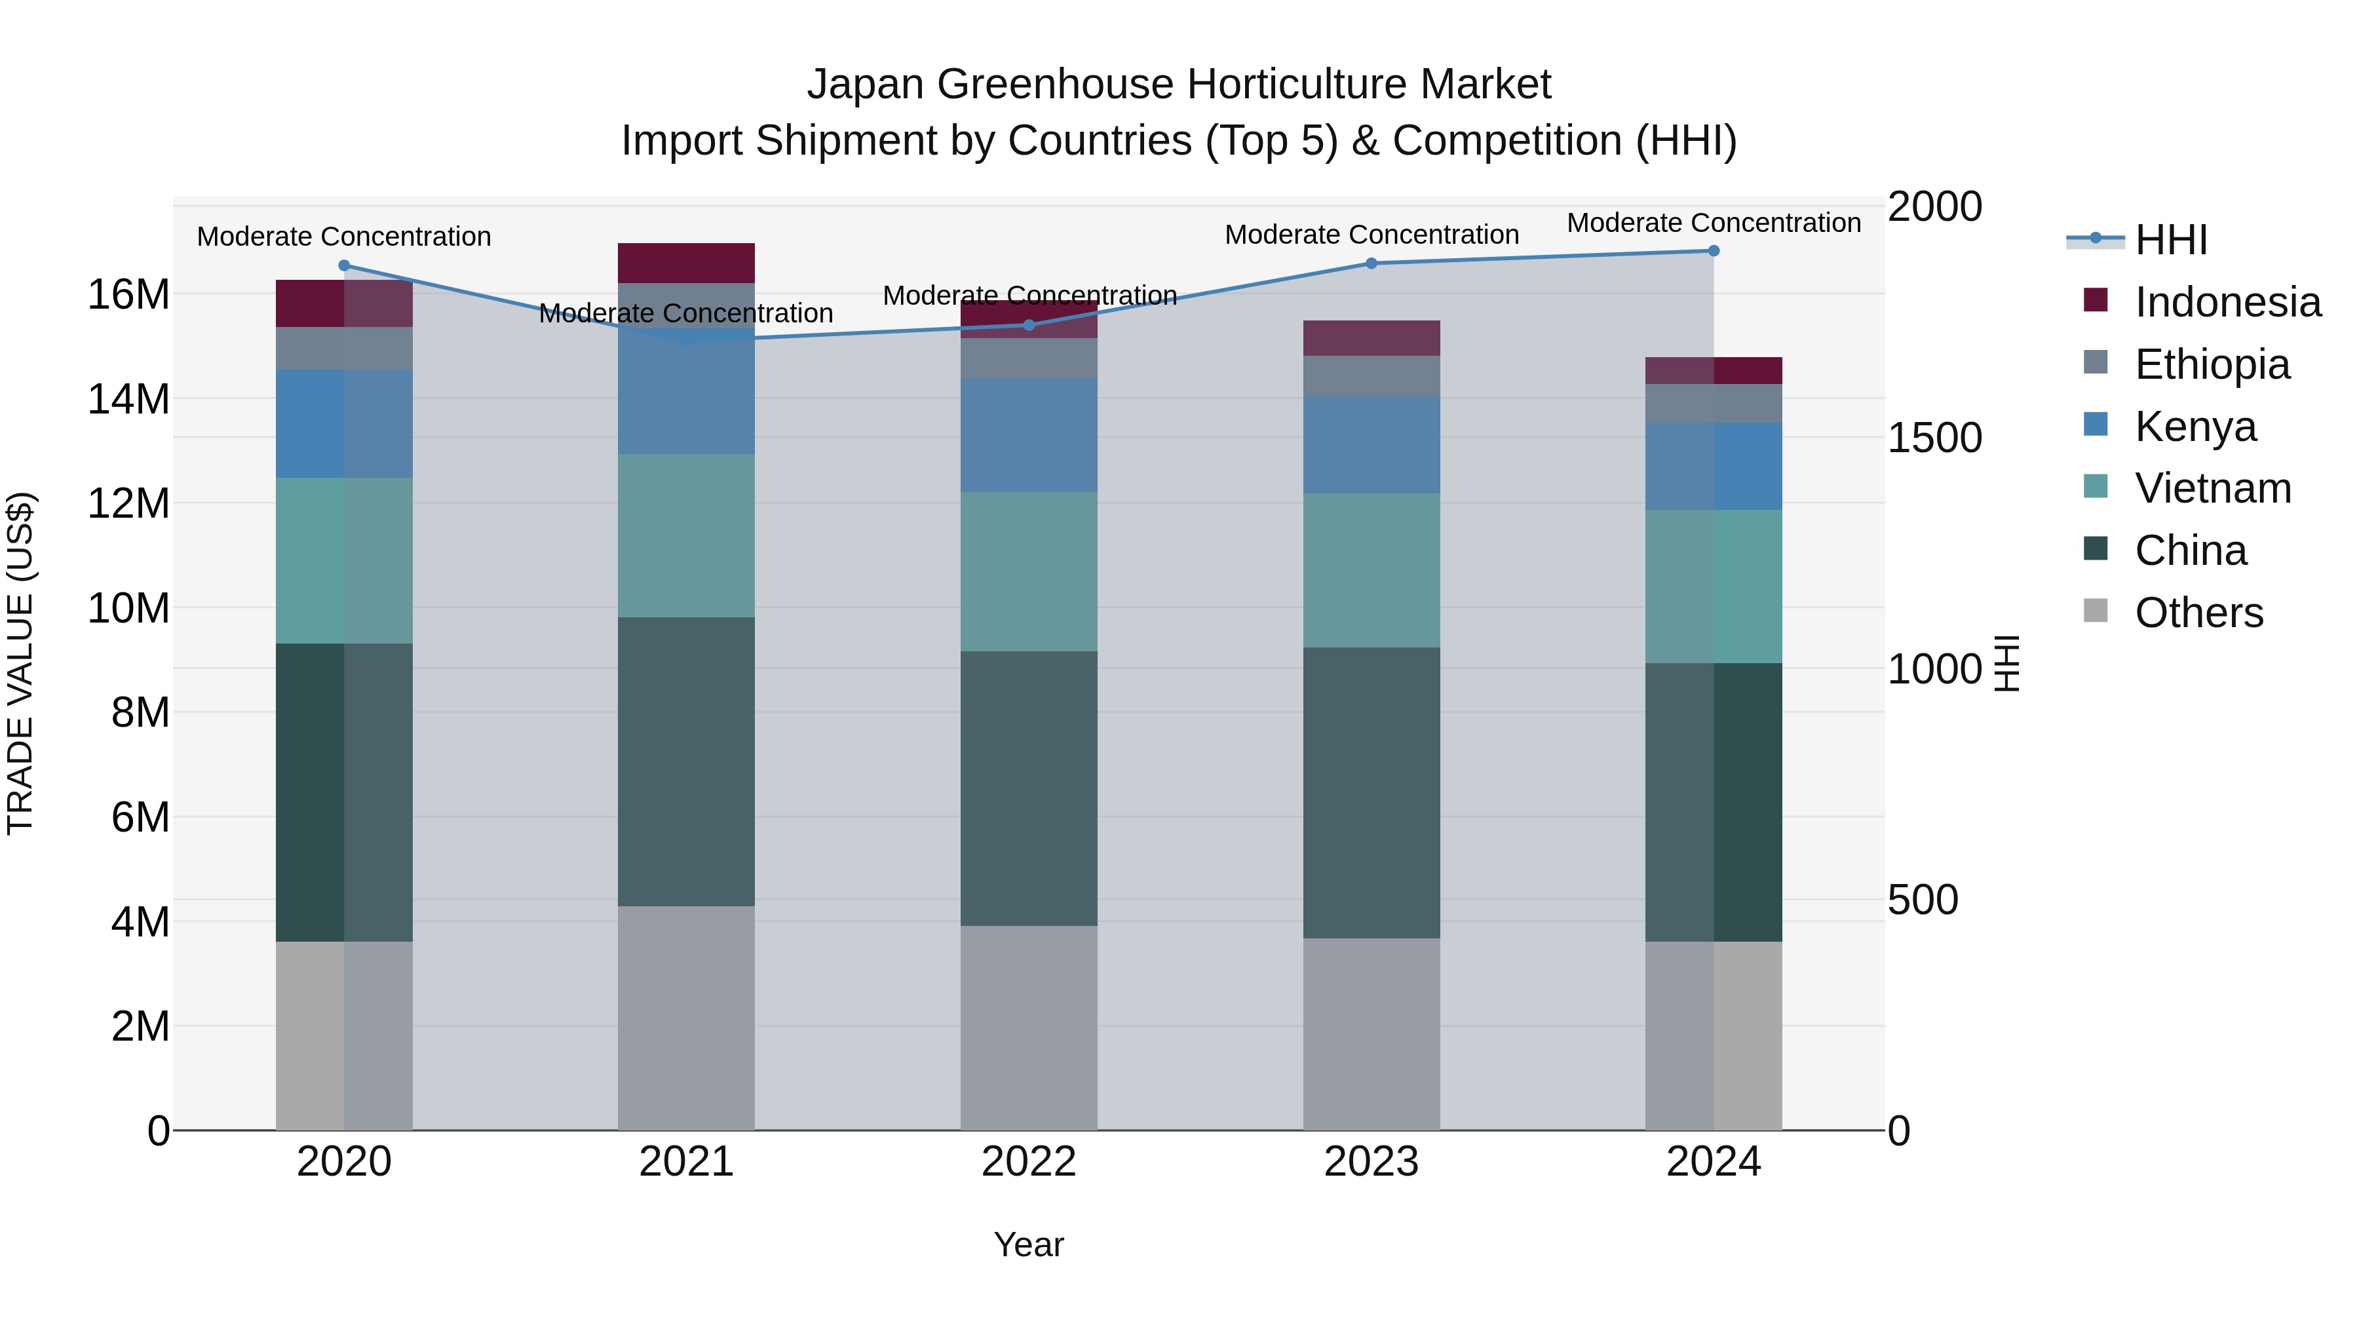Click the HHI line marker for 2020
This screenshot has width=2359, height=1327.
[x=344, y=265]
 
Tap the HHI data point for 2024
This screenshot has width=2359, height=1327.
[x=1714, y=251]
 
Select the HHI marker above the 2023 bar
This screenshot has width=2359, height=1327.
[x=1371, y=263]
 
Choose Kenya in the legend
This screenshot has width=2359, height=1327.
[x=2195, y=427]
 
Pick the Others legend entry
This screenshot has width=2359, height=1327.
[x=2198, y=613]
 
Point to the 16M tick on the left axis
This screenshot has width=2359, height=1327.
[x=128, y=295]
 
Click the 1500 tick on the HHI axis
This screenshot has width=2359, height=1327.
[x=1934, y=438]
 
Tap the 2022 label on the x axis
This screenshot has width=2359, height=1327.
[x=1028, y=1162]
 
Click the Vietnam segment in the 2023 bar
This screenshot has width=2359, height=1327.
[x=1371, y=571]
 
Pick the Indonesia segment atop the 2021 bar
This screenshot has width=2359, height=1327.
[x=686, y=263]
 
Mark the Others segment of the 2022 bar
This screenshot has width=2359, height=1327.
[x=1028, y=1028]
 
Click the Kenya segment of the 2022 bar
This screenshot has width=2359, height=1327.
[x=1028, y=435]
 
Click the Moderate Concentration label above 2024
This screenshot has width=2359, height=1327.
[x=1714, y=223]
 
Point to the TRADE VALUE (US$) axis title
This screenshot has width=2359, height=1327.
[x=20, y=663]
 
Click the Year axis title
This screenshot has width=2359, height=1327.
[x=1028, y=1244]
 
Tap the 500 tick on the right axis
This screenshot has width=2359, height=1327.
[x=1922, y=900]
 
